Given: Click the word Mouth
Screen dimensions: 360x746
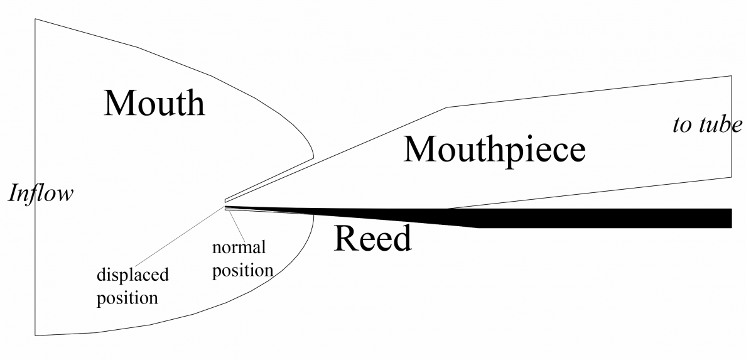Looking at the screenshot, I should tap(154, 103).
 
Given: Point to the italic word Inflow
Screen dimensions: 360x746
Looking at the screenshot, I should tap(40, 194).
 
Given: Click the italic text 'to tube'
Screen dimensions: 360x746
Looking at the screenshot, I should tap(706, 125).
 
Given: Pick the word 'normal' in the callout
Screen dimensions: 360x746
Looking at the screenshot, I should tap(239, 247).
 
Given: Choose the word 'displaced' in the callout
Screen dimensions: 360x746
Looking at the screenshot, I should tap(132, 275).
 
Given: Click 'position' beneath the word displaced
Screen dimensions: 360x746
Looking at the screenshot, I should tap(126, 297).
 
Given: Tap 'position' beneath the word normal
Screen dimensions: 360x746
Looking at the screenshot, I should tap(242, 270).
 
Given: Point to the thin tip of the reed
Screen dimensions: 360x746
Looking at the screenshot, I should tap(227, 207).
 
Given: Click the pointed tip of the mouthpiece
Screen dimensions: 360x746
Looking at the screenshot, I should tap(226, 200).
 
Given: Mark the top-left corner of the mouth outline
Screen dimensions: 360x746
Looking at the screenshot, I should tap(35, 19).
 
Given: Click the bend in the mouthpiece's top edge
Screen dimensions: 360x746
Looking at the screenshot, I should tap(446, 107).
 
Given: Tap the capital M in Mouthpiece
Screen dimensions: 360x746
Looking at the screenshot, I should tap(418, 150).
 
